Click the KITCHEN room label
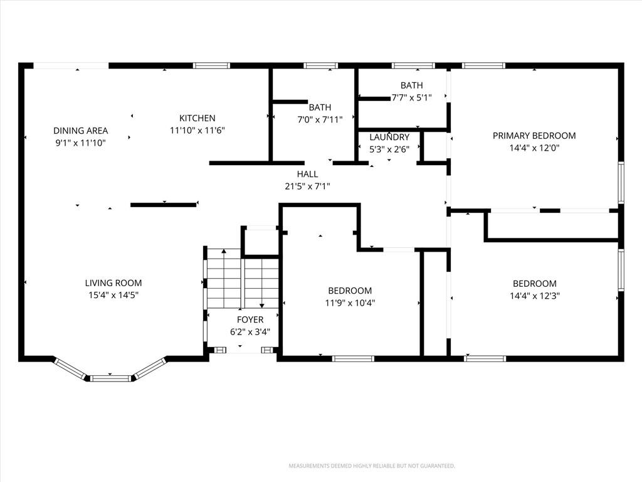coord(197,118)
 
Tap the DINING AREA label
coord(81,131)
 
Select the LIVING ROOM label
coord(113,283)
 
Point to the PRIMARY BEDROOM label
coord(534,136)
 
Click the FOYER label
coord(250,319)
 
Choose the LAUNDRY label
coord(389,137)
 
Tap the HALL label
coord(307,174)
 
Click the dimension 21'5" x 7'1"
coord(307,186)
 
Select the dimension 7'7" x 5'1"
coord(412,97)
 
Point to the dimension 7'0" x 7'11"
coord(320,120)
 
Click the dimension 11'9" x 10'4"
coord(350,303)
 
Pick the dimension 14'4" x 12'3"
coord(535,296)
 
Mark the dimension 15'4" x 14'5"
coord(113,295)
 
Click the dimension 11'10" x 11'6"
coord(197,131)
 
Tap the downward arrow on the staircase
coord(262,287)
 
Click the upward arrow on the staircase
coord(224,279)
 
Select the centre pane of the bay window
coord(110,378)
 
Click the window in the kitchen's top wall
coord(211,65)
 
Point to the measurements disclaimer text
coord(372,466)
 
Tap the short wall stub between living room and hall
coord(164,205)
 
